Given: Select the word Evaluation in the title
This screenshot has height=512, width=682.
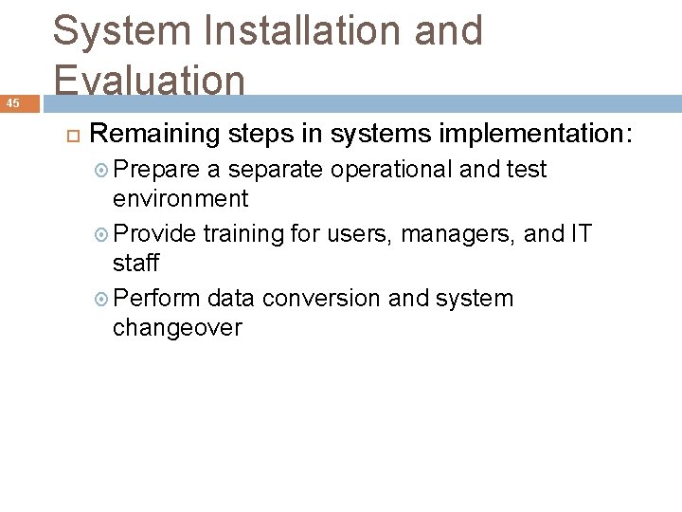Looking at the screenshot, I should coord(150,80).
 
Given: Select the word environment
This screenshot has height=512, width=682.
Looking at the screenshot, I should coord(181,199).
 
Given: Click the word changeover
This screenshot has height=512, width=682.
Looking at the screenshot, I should coord(178,328).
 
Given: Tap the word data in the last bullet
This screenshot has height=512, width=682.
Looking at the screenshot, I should coord(231,299).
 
